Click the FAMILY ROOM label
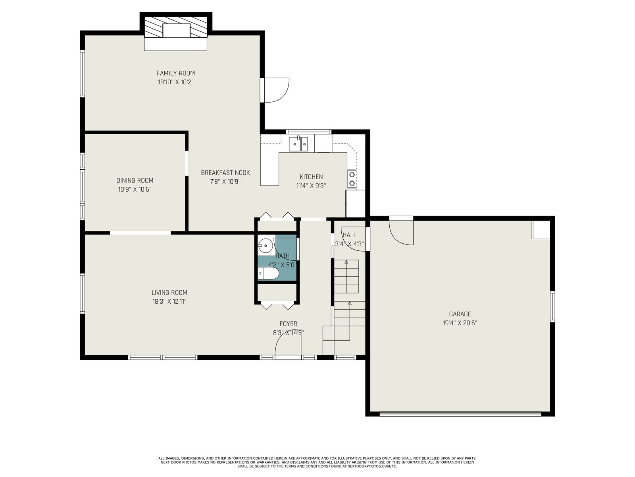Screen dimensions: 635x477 (x=175, y=73)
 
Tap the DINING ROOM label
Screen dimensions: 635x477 (x=135, y=180)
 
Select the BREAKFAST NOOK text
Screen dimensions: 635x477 (x=225, y=173)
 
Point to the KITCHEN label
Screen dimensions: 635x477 (x=311, y=176)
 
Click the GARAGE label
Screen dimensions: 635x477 (x=460, y=314)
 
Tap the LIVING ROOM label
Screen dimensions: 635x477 (x=169, y=293)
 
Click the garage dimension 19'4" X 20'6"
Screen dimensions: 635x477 (x=460, y=323)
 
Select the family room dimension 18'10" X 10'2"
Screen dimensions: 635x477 (x=175, y=82)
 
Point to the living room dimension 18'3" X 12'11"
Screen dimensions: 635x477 (x=169, y=301)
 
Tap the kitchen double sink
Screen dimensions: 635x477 (x=298, y=143)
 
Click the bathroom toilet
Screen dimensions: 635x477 (x=268, y=273)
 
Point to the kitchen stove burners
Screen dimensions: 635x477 (x=352, y=179)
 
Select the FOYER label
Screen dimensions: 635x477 (x=289, y=324)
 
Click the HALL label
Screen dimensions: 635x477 (x=350, y=235)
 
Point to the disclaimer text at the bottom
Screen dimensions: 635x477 (x=317, y=462)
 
